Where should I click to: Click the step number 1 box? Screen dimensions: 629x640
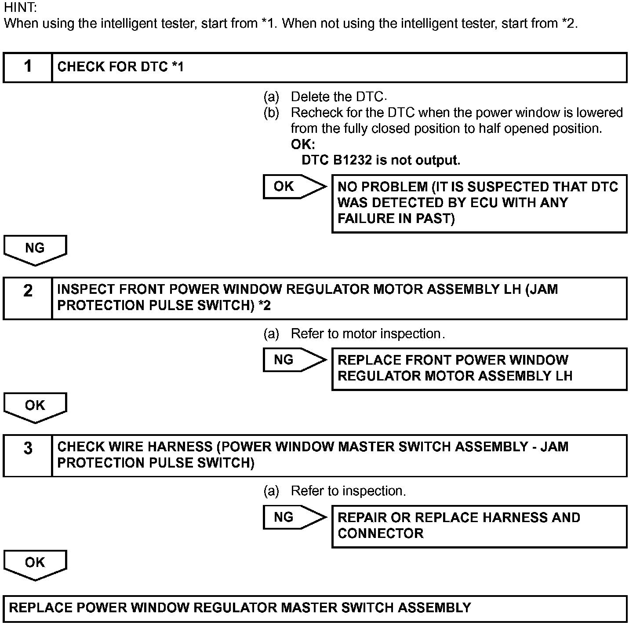tap(28, 67)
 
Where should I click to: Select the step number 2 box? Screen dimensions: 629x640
tap(28, 298)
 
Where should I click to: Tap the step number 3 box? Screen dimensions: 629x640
tap(28, 455)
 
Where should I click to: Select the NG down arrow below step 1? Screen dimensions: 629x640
tap(35, 249)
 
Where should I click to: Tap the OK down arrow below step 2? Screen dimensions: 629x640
tap(35, 407)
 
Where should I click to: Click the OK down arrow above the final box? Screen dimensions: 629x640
tap(35, 564)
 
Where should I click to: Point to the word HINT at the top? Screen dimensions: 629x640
tap(20, 7)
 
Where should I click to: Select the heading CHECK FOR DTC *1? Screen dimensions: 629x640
tap(120, 67)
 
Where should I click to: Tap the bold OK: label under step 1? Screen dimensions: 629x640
tap(303, 144)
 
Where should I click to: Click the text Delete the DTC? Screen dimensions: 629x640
tap(338, 97)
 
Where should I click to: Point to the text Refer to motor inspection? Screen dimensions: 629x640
tap(367, 334)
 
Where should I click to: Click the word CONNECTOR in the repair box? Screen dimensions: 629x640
tap(380, 534)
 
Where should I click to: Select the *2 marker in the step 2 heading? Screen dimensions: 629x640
tap(264, 305)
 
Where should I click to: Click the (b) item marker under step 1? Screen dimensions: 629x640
tap(271, 113)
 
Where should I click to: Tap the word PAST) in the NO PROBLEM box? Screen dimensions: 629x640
tap(435, 219)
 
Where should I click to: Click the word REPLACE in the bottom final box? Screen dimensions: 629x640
tap(40, 608)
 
